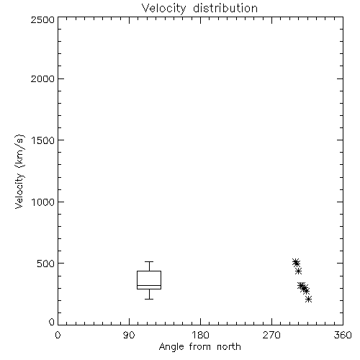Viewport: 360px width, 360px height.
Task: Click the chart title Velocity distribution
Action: pyautogui.click(x=199, y=9)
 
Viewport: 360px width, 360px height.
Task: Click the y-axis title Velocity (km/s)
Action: pyautogui.click(x=19, y=171)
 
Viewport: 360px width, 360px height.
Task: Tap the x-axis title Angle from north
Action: pyautogui.click(x=199, y=347)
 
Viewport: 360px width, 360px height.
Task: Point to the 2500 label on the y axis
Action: pyautogui.click(x=42, y=19)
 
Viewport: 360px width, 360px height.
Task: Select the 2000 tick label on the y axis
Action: pyautogui.click(x=42, y=78)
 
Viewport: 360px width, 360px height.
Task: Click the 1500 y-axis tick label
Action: pyautogui.click(x=43, y=140)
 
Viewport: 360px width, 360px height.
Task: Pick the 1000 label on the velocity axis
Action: pyautogui.click(x=43, y=202)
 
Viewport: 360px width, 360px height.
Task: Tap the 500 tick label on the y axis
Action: pyautogui.click(x=46, y=264)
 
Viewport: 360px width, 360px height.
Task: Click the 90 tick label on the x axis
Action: pyautogui.click(x=129, y=335)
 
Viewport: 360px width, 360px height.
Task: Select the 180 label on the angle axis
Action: pyautogui.click(x=200, y=335)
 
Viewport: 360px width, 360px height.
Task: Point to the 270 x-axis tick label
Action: pyautogui.click(x=271, y=335)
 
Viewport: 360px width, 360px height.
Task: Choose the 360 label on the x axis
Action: pyautogui.click(x=343, y=335)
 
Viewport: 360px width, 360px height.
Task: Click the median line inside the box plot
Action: pyautogui.click(x=149, y=285)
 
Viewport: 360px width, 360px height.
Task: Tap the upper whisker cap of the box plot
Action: pyautogui.click(x=149, y=261)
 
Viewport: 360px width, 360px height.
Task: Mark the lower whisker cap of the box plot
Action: pyautogui.click(x=149, y=299)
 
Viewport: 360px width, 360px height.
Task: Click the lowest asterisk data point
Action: pyautogui.click(x=308, y=299)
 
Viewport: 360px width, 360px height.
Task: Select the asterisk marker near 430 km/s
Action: pyautogui.click(x=298, y=271)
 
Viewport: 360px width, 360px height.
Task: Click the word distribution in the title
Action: pyautogui.click(x=225, y=9)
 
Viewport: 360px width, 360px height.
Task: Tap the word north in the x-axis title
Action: pyautogui.click(x=229, y=347)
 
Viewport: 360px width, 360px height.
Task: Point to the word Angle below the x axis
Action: pyautogui.click(x=171, y=347)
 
